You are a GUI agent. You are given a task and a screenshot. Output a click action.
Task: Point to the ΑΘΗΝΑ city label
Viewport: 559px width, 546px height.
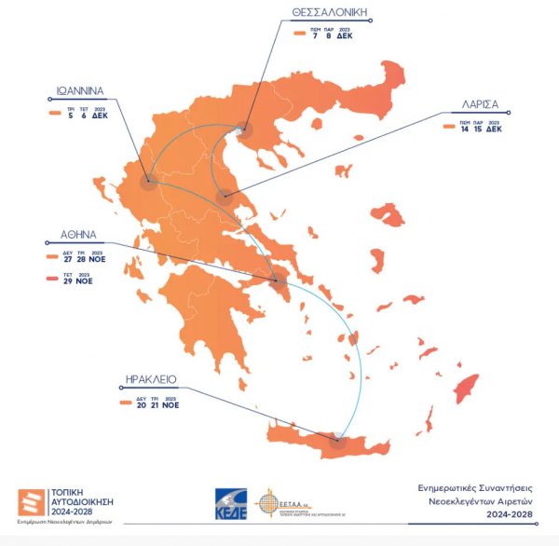coord(79,236)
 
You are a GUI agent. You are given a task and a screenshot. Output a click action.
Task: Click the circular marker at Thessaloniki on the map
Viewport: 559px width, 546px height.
coord(244,130)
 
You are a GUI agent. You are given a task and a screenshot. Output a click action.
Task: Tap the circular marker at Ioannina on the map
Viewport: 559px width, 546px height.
coord(147,182)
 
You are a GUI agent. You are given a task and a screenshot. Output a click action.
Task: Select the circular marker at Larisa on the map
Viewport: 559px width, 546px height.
coord(224,197)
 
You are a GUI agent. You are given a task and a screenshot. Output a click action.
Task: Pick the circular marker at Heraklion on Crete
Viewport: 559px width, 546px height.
coord(337,442)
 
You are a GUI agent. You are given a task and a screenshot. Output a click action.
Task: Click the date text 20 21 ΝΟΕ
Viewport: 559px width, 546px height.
coord(154,404)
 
